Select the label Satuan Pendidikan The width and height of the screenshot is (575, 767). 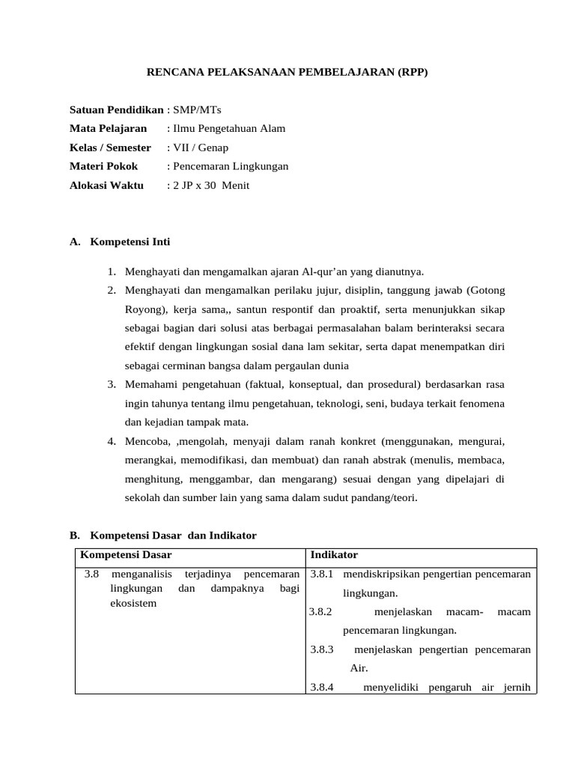coord(116,110)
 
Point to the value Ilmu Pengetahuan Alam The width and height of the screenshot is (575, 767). coord(229,129)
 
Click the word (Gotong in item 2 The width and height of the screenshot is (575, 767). coord(486,291)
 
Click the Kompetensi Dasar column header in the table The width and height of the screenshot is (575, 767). coord(126,555)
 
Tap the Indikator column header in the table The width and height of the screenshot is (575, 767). coord(334,555)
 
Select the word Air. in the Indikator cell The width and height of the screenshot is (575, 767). coord(359,668)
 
